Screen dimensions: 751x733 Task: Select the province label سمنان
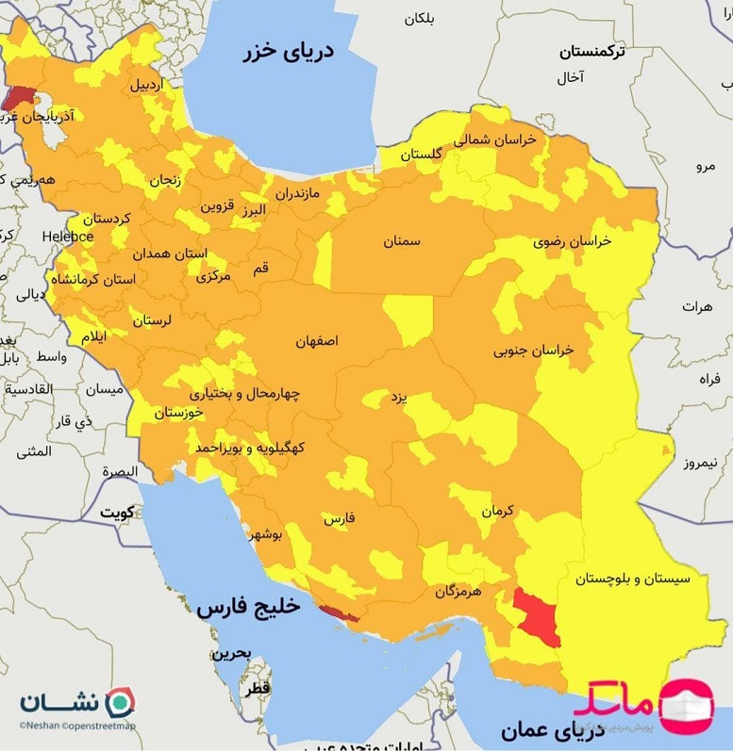401,241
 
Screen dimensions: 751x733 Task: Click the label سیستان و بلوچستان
627,578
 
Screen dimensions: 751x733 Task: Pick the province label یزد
398,398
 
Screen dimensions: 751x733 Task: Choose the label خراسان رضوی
572,240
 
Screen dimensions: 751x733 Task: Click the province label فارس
339,518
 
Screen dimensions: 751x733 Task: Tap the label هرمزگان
458,592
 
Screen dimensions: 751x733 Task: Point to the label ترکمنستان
591,51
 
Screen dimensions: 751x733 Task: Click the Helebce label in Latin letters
68,237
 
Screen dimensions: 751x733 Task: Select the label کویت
119,513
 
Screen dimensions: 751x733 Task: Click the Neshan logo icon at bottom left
119,701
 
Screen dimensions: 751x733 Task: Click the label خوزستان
178,413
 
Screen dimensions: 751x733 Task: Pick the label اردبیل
146,85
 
